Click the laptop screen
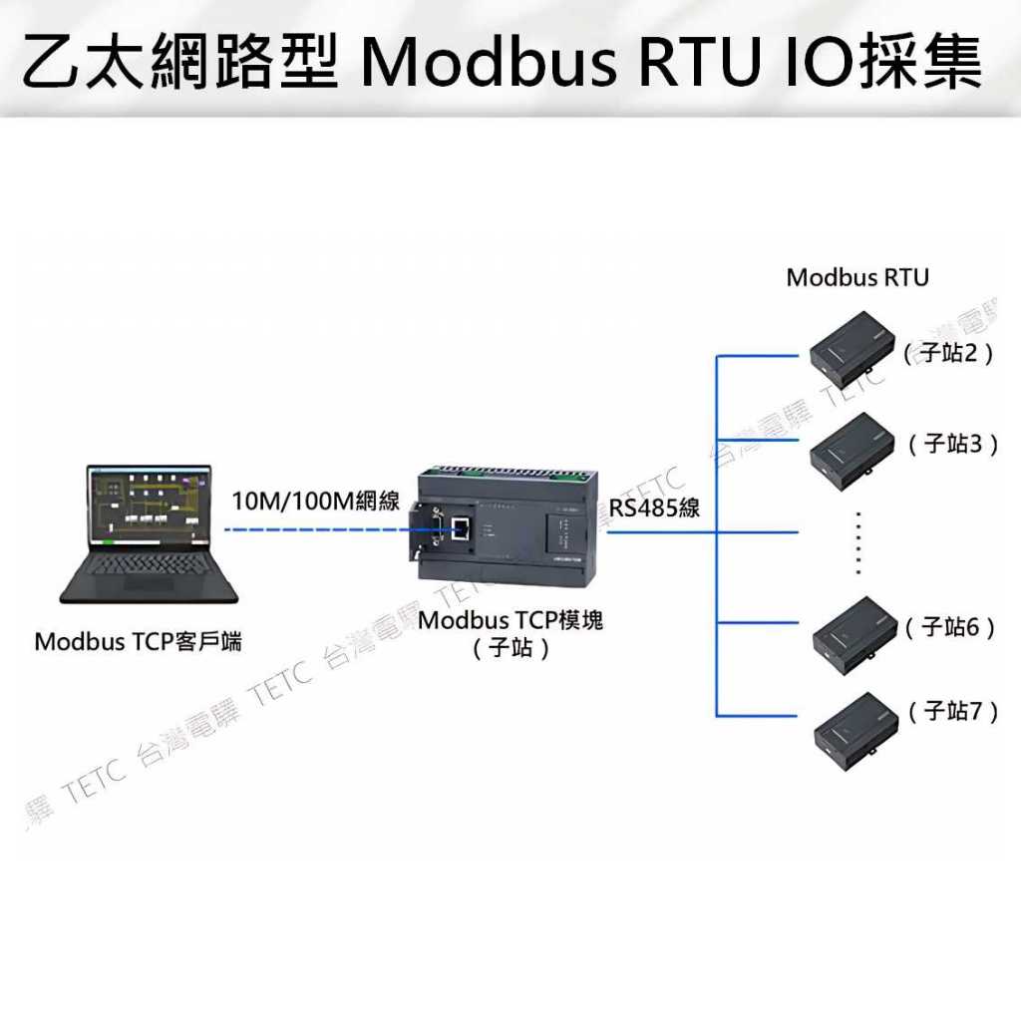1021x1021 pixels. coord(149,508)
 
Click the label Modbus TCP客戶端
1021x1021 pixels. coord(138,641)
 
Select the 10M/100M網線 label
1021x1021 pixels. coord(316,501)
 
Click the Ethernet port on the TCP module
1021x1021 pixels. coord(461,527)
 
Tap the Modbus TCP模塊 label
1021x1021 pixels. coord(510,620)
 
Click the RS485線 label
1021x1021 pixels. coord(655,508)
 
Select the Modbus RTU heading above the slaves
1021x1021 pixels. coord(857,277)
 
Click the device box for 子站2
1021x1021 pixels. coord(853,345)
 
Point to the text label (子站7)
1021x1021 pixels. coord(953,711)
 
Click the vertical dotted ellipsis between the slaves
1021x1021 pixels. coord(858,542)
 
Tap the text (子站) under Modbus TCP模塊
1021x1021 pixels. coord(510,649)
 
